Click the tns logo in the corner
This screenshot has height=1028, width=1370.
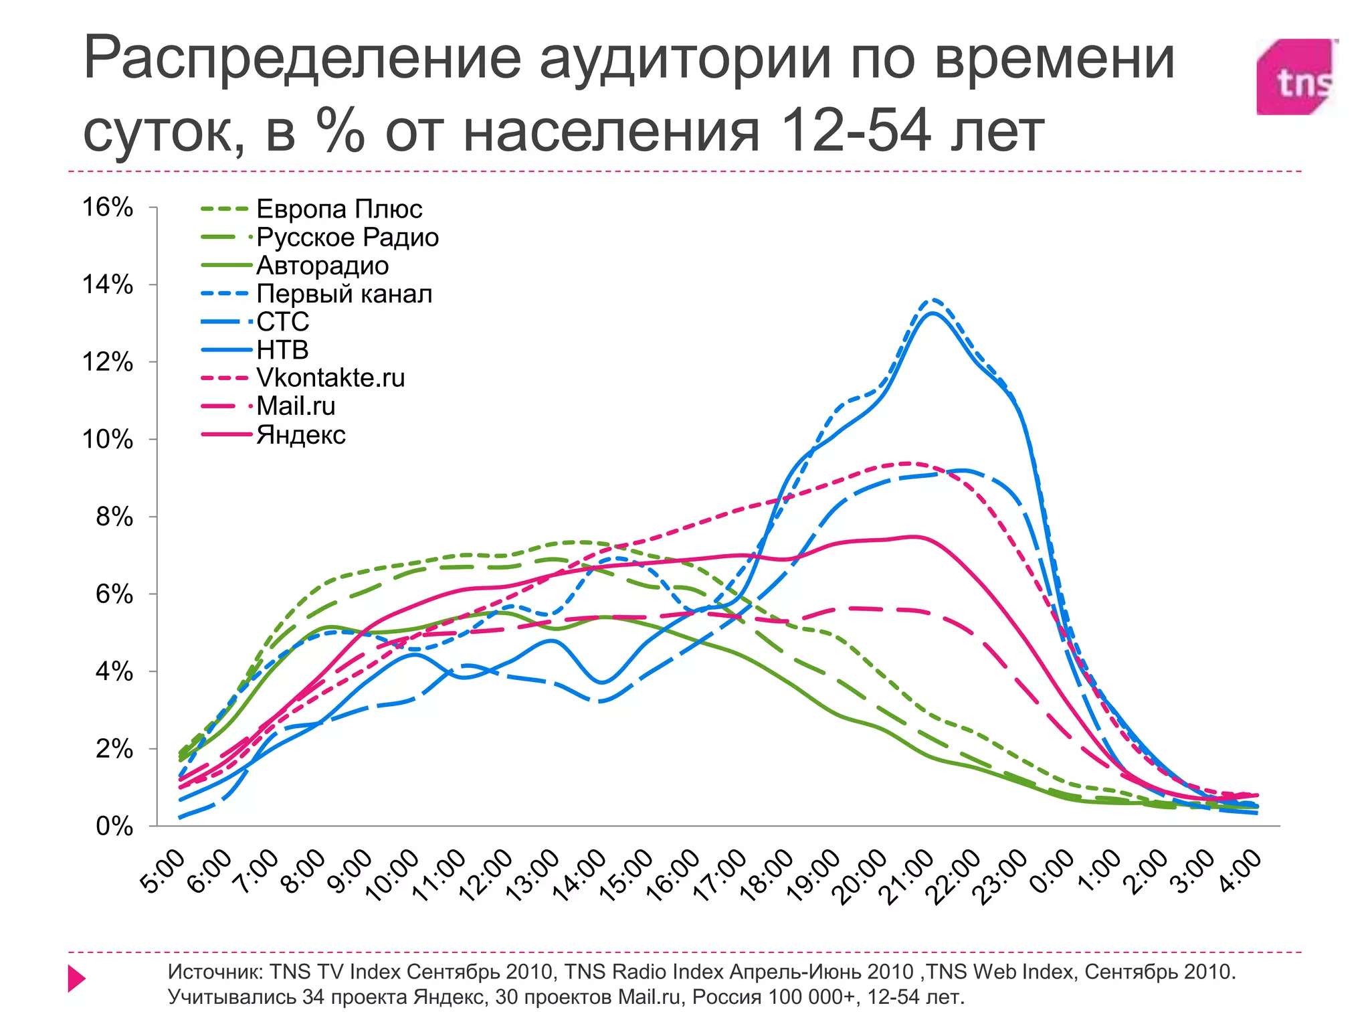point(1296,77)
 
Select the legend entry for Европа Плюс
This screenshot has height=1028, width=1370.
point(339,209)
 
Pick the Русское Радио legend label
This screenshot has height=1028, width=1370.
point(347,238)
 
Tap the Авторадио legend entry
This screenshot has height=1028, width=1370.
point(322,266)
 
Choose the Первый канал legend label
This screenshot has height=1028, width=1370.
point(345,294)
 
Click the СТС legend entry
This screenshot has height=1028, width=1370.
point(283,322)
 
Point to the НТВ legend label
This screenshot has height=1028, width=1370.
point(282,350)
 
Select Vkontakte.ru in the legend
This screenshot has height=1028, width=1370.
point(330,378)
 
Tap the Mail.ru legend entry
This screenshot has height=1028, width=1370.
point(296,406)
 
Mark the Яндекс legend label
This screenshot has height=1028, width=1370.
point(301,435)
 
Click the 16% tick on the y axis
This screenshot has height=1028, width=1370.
point(108,207)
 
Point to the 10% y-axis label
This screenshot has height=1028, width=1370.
point(108,440)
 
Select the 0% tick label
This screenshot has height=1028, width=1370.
point(114,827)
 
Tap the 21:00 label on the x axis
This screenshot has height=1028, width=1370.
point(909,877)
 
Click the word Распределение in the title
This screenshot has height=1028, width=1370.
point(302,59)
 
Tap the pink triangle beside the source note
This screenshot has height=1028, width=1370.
point(76,978)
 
